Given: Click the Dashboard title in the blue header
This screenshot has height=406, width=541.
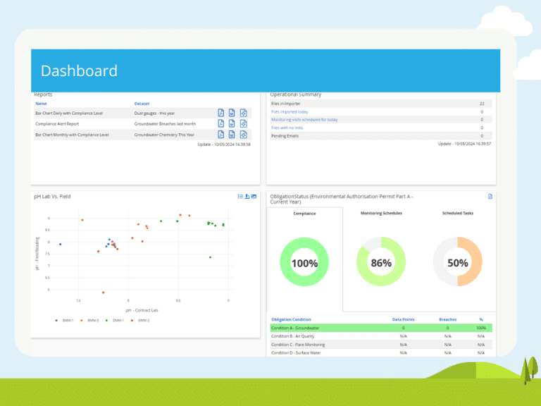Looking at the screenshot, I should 79,71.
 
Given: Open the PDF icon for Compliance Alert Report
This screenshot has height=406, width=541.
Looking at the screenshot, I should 220,123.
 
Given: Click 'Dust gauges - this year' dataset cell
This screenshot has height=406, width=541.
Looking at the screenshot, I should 159,113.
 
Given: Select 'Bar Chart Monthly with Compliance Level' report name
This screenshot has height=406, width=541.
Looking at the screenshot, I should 72,134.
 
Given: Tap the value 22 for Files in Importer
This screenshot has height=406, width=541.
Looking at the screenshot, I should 481,104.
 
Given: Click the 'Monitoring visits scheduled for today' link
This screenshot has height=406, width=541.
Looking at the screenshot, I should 304,120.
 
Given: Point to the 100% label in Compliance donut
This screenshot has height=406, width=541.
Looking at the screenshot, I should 304,263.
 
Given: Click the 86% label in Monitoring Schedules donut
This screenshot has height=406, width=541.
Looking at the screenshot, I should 381,263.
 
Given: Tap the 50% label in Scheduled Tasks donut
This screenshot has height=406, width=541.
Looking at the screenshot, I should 457,263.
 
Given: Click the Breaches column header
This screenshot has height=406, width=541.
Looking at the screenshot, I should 447,319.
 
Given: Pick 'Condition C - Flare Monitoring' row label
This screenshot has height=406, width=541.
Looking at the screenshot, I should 298,345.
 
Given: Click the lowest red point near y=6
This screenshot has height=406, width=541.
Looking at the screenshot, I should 103,292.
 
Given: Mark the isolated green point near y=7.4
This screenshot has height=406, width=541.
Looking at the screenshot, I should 210,257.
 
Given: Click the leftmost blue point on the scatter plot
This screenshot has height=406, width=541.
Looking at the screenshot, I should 60,245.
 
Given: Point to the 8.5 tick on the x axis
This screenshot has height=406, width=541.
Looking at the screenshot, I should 178,300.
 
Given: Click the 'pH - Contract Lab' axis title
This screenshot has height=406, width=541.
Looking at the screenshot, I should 142,310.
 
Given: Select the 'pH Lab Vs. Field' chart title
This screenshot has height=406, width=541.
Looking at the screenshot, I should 52,196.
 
